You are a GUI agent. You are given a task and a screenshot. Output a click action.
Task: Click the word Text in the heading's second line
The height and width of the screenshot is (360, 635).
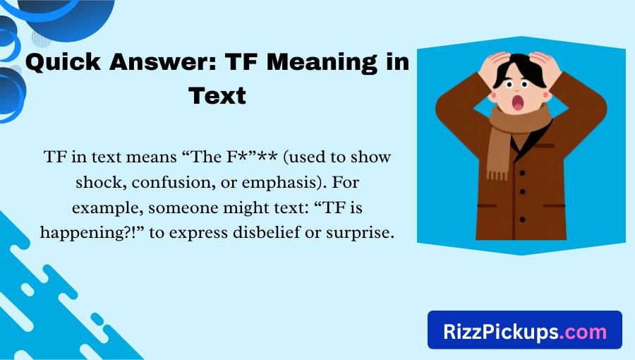[x=217, y=95]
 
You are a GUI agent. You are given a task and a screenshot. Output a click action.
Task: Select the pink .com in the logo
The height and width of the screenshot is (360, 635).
[x=582, y=331]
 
